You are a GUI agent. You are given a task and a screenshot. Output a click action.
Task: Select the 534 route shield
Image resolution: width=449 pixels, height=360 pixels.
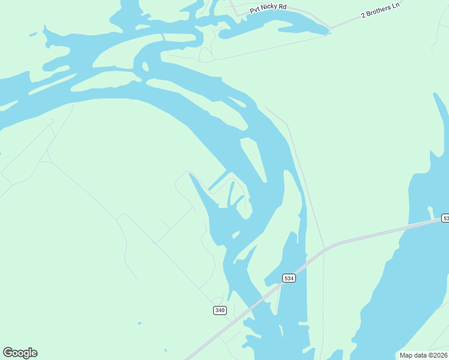click(x=289, y=278)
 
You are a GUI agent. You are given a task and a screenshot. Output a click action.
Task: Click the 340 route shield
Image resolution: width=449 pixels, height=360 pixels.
click(x=220, y=310)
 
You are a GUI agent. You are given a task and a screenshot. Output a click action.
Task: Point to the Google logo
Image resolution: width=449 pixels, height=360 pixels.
click(x=20, y=353)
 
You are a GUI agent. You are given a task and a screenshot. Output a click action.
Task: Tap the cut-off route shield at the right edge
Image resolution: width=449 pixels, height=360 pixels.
click(x=445, y=218)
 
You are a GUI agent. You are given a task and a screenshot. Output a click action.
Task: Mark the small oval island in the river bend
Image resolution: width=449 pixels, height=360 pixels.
click(x=143, y=66)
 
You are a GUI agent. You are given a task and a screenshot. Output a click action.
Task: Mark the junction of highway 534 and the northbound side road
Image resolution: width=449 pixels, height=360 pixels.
click(x=324, y=248)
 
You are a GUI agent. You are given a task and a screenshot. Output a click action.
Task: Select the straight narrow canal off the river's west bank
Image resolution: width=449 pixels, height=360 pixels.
click(x=217, y=180)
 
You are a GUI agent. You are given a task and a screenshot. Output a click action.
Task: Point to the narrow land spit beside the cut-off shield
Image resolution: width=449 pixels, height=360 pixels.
click(x=430, y=211)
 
